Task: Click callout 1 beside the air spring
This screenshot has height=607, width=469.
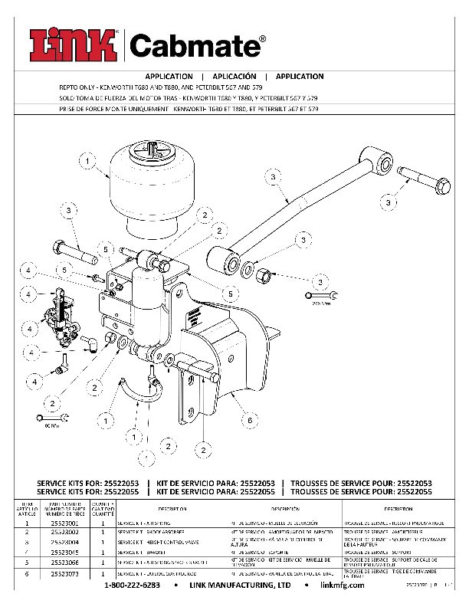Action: pyautogui.click(x=87, y=161)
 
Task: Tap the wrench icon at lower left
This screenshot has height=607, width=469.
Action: pyautogui.click(x=52, y=418)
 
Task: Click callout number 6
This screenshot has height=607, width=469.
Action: pyautogui.click(x=249, y=420)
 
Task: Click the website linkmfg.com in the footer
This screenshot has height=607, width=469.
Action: pyautogui.click(x=346, y=585)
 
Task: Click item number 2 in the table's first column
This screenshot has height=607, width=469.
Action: pyautogui.click(x=27, y=531)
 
